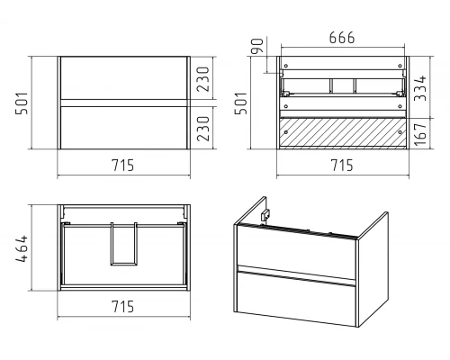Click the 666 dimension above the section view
click(342, 38)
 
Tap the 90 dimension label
click(257, 46)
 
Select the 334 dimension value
click(420, 88)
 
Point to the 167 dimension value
click(420, 133)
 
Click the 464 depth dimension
click(22, 249)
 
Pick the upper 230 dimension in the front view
click(202, 79)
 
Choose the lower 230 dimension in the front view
click(202, 129)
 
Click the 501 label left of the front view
click(22, 103)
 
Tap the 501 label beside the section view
click(240, 103)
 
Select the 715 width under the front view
click(123, 166)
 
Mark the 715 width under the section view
click(342, 166)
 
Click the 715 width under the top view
click(123, 307)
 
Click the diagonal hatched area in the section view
click(343, 132)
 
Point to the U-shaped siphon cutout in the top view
click(123, 265)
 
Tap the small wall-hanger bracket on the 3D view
click(265, 215)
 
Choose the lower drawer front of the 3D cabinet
click(296, 299)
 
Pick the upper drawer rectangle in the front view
click(124, 77)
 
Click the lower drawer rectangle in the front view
click(124, 128)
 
